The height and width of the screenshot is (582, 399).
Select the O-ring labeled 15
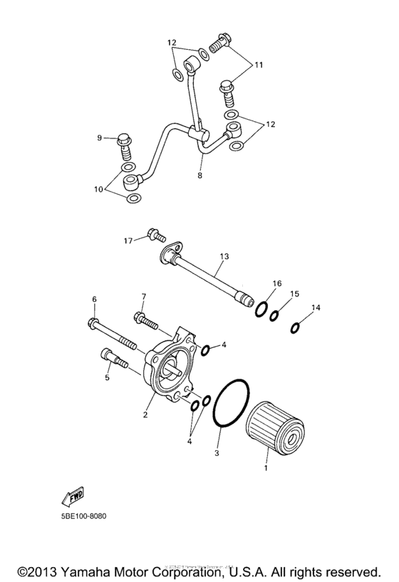point(275,315)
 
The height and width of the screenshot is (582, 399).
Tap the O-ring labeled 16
point(261,309)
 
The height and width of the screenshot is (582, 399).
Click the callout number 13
point(224,255)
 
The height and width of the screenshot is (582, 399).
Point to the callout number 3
point(218,451)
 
